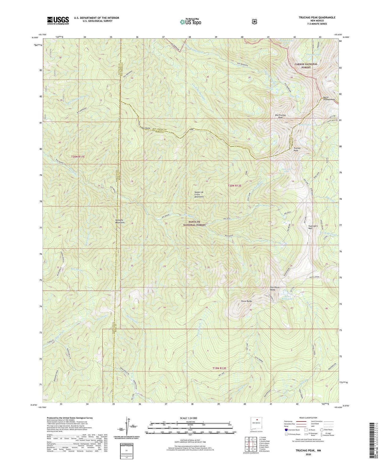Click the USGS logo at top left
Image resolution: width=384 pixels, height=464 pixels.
(x=58, y=20)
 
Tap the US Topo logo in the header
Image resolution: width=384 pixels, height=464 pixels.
(x=190, y=22)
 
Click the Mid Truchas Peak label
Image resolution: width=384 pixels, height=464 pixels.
(x=280, y=116)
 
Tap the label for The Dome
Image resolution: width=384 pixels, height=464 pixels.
(x=146, y=128)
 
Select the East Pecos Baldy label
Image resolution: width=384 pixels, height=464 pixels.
(x=275, y=289)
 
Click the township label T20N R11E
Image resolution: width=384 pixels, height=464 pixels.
(x=78, y=157)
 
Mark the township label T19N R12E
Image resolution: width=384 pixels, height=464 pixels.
(x=219, y=368)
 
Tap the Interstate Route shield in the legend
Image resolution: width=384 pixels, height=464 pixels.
(x=286, y=429)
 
